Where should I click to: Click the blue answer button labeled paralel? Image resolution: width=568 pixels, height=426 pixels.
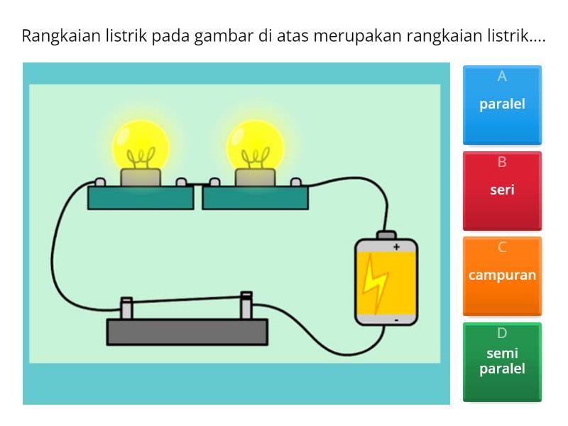tap(502, 105)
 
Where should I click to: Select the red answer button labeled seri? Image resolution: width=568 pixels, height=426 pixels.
tap(502, 190)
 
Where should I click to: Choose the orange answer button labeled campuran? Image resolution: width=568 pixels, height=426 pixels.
tap(502, 275)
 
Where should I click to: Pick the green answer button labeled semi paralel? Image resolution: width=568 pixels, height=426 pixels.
tap(502, 361)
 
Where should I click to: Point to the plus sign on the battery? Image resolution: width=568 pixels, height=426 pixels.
tap(396, 247)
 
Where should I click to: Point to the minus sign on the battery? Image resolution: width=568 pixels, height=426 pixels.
tap(396, 320)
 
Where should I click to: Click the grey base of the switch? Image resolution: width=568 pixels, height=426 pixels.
tap(187, 332)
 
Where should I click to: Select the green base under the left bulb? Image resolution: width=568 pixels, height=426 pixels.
tap(141, 197)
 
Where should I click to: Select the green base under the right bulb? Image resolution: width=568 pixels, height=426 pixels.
tap(256, 197)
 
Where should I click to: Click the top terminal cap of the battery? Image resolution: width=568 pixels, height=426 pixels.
tap(386, 234)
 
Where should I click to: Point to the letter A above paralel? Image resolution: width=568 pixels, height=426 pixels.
tap(502, 77)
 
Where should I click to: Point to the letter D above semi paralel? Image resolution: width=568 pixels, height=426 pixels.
tap(502, 332)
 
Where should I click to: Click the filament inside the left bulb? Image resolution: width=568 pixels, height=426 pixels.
tap(140, 157)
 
